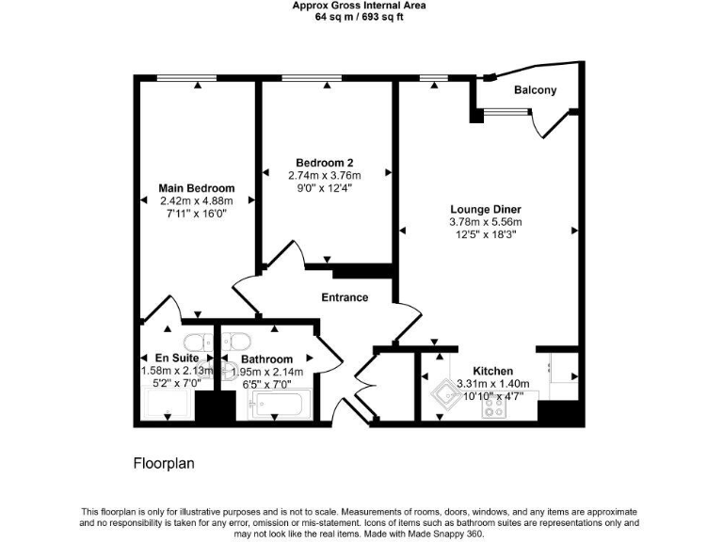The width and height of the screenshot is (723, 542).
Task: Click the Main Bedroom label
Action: [x=197, y=188]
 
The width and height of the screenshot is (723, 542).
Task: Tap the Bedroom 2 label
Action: [x=324, y=162]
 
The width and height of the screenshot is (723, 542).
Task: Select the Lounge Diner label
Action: [x=485, y=209]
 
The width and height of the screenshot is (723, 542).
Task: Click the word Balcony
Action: [x=535, y=90]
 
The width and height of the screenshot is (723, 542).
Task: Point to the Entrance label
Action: [x=345, y=297]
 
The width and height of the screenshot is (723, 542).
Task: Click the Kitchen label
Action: [x=492, y=370]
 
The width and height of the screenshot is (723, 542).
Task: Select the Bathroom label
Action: [x=266, y=359]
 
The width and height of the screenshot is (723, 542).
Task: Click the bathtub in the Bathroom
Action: [x=274, y=406]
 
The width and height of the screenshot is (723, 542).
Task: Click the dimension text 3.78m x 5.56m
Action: [x=485, y=222]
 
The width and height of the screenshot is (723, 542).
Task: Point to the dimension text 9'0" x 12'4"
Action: [x=324, y=187]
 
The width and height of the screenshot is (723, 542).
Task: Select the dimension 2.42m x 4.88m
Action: [x=197, y=200]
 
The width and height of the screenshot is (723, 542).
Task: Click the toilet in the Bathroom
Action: [x=236, y=342]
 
